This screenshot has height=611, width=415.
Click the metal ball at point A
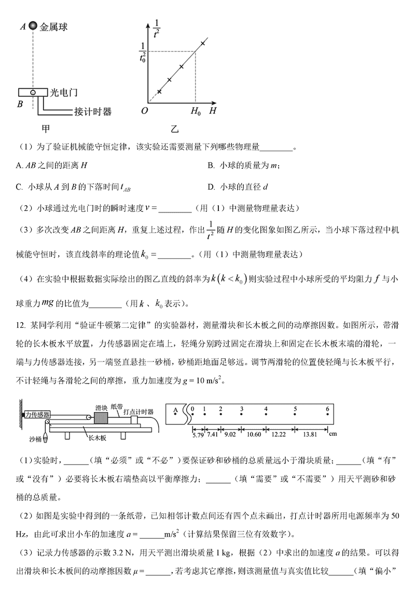coord(33,25)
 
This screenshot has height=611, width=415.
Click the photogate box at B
coord(32,93)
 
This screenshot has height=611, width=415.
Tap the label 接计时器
coord(93,111)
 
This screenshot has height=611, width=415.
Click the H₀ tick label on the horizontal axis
coord(195,111)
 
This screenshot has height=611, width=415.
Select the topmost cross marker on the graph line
coord(202,43)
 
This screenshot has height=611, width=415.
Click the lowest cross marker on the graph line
coord(159,91)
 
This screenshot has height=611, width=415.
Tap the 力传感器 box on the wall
coord(38,414)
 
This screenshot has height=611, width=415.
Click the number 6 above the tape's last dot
coord(327,409)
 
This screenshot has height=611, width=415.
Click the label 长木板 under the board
coord(96,438)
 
